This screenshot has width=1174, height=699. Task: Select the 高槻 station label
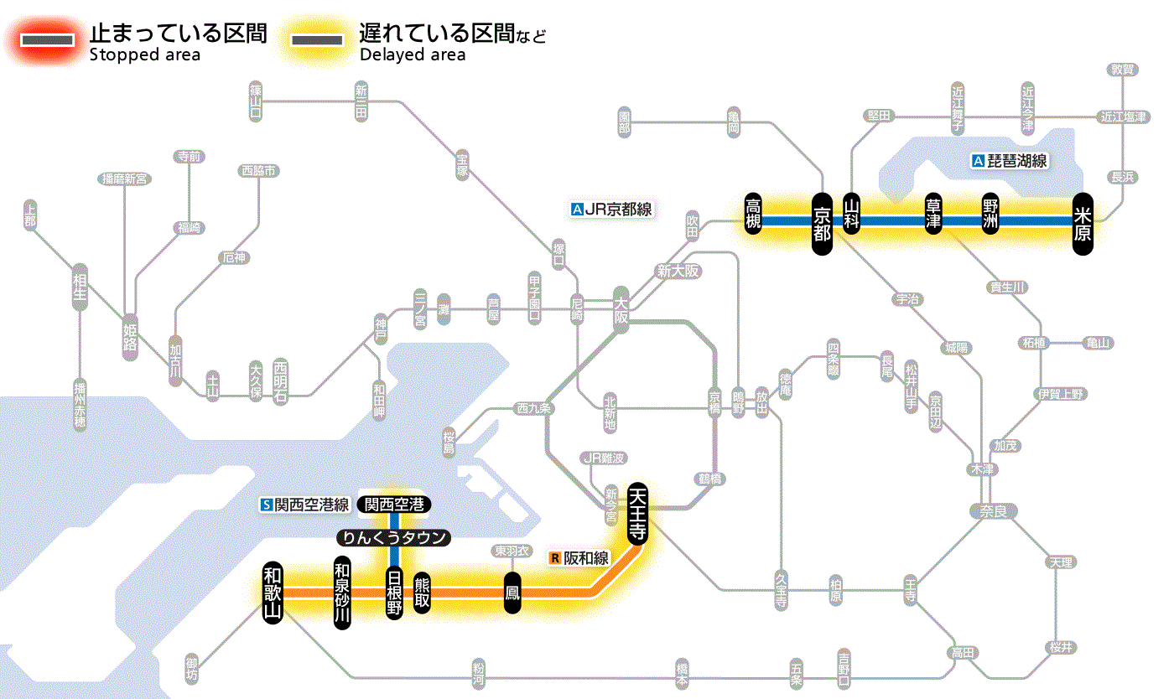pyautogui.click(x=754, y=215)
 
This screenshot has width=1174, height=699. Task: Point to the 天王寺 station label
pyautogui.click(x=636, y=512)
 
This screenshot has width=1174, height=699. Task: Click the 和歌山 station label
pyautogui.click(x=273, y=592)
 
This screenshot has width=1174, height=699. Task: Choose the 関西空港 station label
pyautogui.click(x=394, y=505)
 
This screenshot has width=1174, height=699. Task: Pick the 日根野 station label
pyautogui.click(x=394, y=592)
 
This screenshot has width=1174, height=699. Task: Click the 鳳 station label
pyautogui.click(x=512, y=593)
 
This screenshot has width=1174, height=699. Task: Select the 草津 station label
pyautogui.click(x=932, y=215)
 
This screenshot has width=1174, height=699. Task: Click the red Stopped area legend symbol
pyautogui.click(x=52, y=40)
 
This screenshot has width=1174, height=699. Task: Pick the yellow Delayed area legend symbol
pyautogui.click(x=316, y=40)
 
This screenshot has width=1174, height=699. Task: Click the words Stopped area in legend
pyautogui.click(x=144, y=55)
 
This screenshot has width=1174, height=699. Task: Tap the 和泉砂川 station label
pyautogui.click(x=341, y=592)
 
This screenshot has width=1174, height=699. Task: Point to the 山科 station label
pyautogui.click(x=852, y=215)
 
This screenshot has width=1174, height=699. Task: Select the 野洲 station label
pyautogui.click(x=992, y=215)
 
